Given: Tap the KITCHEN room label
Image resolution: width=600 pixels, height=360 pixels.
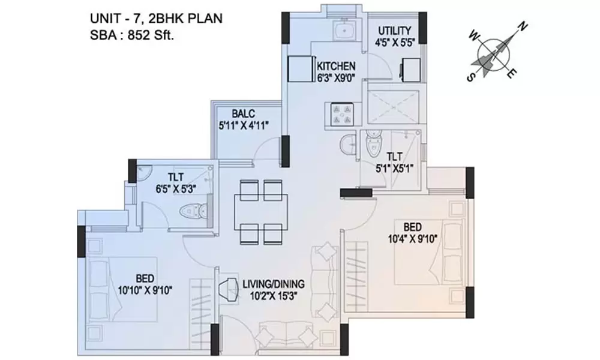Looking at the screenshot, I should click(x=336, y=66).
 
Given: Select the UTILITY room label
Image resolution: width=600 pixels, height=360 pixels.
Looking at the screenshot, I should click(x=394, y=31).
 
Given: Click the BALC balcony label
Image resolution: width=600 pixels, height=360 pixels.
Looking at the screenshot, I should click(x=244, y=113).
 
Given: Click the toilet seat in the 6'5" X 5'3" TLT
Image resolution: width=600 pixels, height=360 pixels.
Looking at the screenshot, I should click(x=194, y=211).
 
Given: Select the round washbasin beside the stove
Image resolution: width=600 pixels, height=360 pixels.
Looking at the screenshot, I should click(x=347, y=145).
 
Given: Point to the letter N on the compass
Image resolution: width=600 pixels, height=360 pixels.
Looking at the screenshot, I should click(x=523, y=26).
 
